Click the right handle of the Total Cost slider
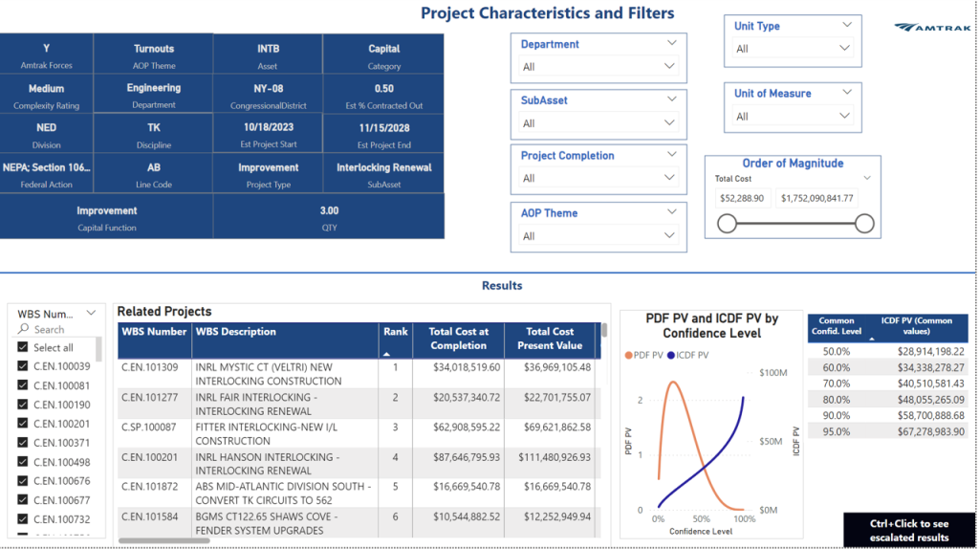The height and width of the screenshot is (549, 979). (864, 223)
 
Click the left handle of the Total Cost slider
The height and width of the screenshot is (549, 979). (727, 223)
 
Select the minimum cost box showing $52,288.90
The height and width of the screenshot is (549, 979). (742, 199)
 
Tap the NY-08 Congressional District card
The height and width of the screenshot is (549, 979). (268, 94)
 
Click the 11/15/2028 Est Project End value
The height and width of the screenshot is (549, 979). (383, 127)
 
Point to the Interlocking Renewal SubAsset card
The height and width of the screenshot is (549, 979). (383, 173)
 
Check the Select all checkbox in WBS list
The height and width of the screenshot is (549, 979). (23, 347)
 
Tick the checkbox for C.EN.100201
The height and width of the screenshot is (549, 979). (23, 424)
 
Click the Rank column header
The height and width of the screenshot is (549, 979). (395, 339)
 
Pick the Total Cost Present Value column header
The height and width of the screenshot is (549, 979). (549, 339)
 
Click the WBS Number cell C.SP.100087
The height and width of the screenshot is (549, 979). (148, 428)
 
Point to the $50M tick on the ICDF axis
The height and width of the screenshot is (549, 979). (771, 441)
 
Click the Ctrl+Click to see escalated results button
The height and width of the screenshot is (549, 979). (909, 530)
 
